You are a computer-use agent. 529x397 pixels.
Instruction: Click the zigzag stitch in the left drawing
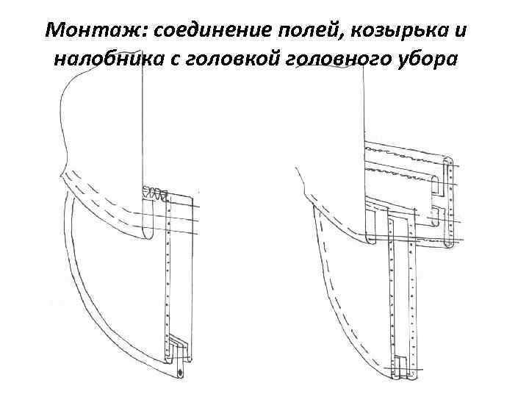(x=154, y=193)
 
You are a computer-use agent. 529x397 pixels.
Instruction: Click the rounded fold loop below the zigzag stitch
(x=145, y=221)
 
